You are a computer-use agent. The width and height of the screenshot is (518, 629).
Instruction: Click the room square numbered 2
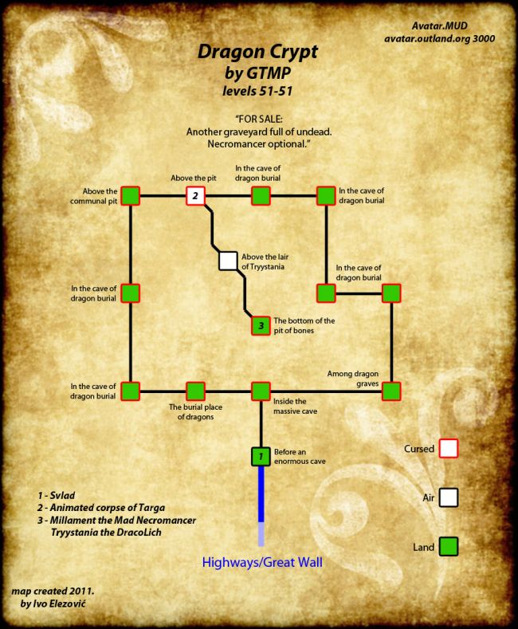pyautogui.click(x=196, y=195)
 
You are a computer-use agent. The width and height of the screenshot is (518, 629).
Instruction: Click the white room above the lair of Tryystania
pyautogui.click(x=228, y=260)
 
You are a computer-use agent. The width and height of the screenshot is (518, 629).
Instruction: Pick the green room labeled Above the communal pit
pyautogui.click(x=131, y=195)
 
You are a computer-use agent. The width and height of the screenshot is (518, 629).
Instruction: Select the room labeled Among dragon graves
pyautogui.click(x=390, y=391)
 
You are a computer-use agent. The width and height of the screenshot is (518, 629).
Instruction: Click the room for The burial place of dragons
pyautogui.click(x=196, y=391)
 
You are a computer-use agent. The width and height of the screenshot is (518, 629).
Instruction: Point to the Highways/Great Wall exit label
pyautogui.click(x=261, y=563)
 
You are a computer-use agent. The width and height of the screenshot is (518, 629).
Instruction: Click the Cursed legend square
pyautogui.click(x=449, y=448)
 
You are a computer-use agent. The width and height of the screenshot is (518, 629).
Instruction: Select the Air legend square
pyautogui.click(x=449, y=497)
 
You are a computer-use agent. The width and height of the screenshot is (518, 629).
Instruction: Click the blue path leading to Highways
pyautogui.click(x=261, y=494)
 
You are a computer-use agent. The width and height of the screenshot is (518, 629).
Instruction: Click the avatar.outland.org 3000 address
pyautogui.click(x=451, y=37)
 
